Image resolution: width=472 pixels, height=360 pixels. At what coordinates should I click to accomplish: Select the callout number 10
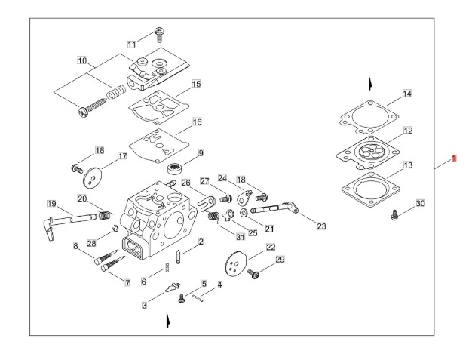(x=82, y=60)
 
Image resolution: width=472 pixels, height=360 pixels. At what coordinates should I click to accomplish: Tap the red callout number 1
(x=453, y=158)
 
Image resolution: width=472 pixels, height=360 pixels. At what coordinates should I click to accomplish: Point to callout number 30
(x=421, y=203)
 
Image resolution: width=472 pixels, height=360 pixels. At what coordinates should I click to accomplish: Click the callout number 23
(x=322, y=226)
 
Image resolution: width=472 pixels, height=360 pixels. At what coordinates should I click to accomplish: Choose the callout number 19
(x=52, y=204)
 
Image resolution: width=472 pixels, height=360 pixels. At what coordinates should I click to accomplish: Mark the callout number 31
(x=241, y=237)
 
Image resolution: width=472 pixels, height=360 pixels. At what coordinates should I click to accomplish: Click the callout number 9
(x=201, y=153)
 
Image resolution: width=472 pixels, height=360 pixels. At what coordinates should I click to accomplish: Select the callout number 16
(x=197, y=122)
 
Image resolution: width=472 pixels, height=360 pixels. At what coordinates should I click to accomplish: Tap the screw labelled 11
(x=160, y=32)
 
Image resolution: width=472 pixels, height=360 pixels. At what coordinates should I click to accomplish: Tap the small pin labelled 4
(x=200, y=297)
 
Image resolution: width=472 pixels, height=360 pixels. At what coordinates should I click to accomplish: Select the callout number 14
(x=407, y=94)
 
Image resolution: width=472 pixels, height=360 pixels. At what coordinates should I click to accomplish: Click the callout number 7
(x=127, y=281)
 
